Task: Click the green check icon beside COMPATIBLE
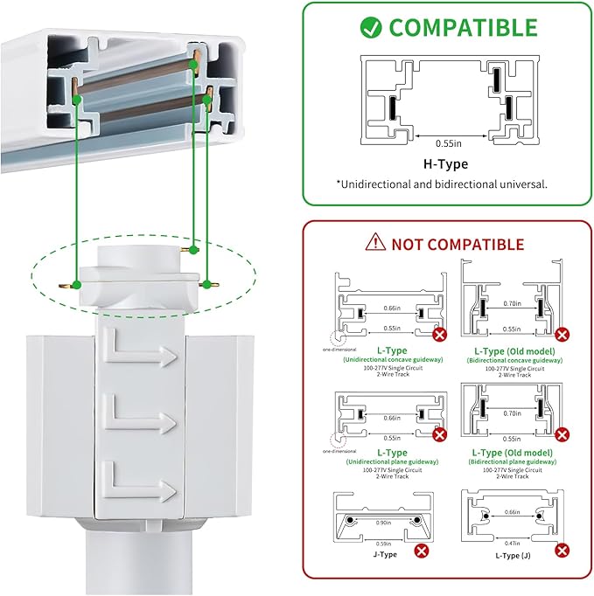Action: tap(373, 27)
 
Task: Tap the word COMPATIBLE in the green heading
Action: tap(463, 27)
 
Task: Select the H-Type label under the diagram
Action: tap(445, 163)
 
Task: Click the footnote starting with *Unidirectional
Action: tap(442, 184)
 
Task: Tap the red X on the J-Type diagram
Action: tap(422, 551)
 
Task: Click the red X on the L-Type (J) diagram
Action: tap(562, 551)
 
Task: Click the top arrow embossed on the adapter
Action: tap(140, 350)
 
